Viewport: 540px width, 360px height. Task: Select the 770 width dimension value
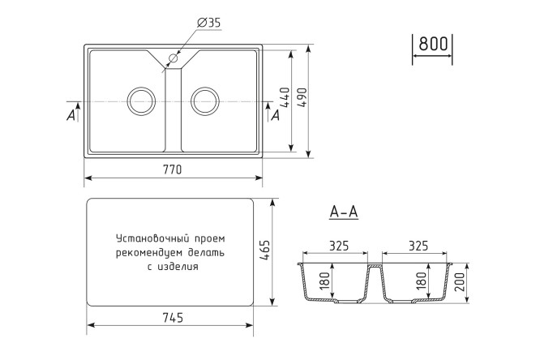point(172,169)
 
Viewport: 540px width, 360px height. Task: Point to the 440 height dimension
point(284,100)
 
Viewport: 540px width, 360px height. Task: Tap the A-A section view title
point(344,212)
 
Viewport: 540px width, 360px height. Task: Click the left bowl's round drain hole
point(141,101)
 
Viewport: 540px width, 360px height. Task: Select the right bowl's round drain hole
point(204,101)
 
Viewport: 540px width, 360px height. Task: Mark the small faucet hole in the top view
point(173,59)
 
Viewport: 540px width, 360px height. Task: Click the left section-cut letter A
point(71,116)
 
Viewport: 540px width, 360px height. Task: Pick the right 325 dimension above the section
point(415,246)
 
